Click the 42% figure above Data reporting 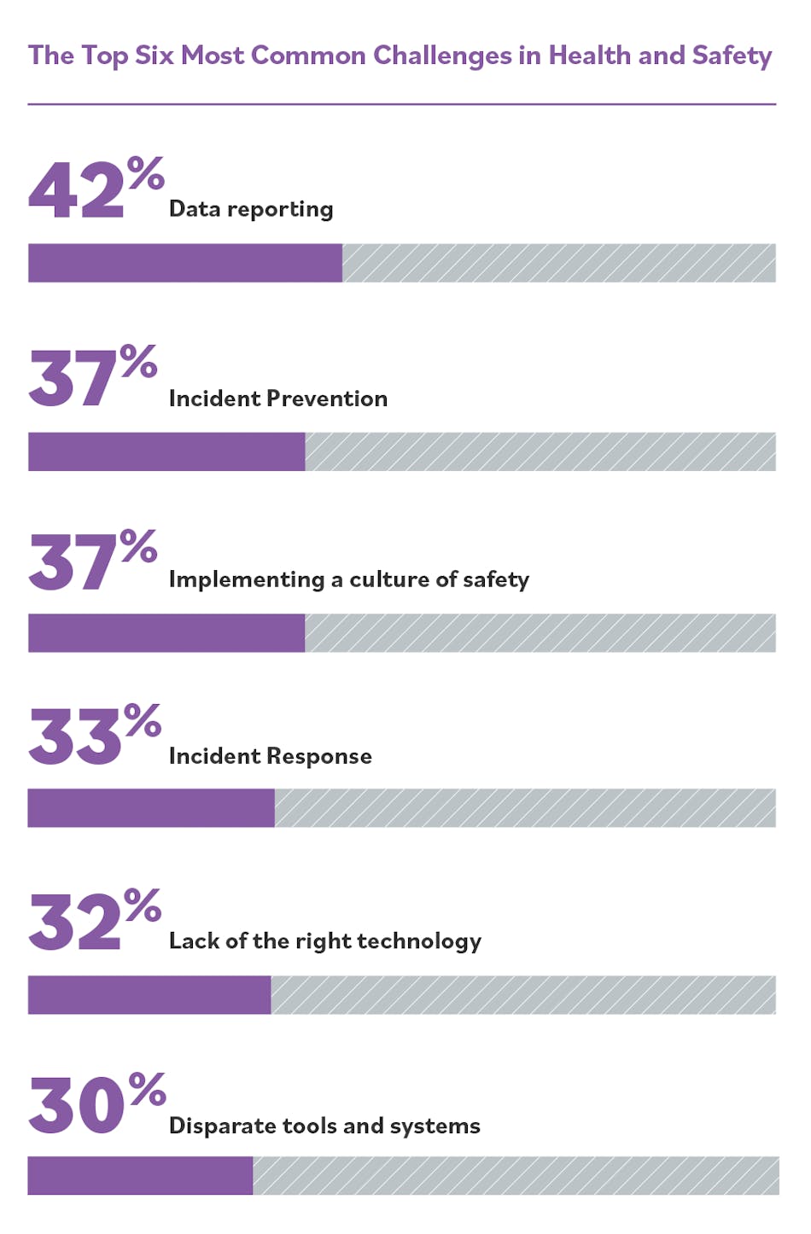point(95,189)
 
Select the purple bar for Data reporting point(184,263)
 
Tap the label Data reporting point(251,209)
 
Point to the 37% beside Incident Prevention point(92,376)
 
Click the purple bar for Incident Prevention point(166,451)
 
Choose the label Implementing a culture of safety point(348,579)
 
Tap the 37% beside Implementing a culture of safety point(92,561)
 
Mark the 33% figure point(94,735)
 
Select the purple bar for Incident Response point(151,808)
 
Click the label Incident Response point(270,756)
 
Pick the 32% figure point(94,920)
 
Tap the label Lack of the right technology point(324,940)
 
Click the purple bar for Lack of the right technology point(149,995)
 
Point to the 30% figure point(96,1103)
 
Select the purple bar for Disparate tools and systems point(140,1176)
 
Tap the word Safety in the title point(732,55)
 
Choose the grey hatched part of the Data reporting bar point(558,263)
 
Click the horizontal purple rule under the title point(401,104)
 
